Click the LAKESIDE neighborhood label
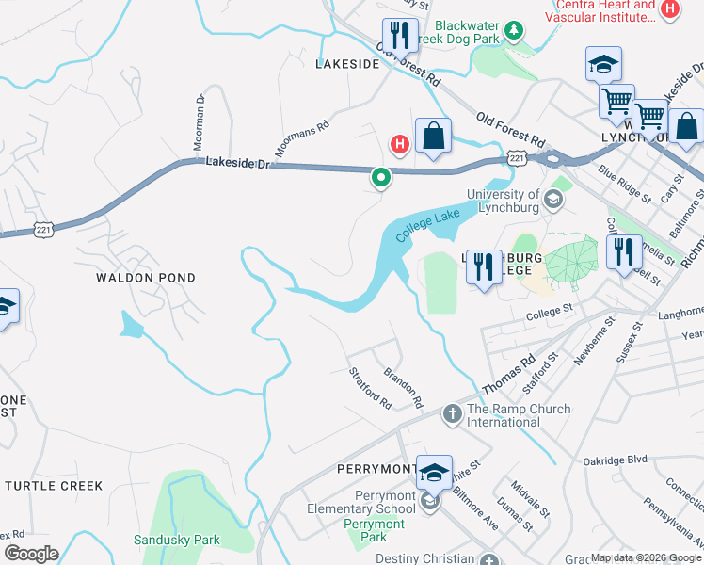tap(347, 64)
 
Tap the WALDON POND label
tap(146, 278)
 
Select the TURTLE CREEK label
tap(54, 485)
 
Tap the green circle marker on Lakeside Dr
tap(381, 176)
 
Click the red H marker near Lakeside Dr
tap(399, 143)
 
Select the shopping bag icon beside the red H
tap(433, 137)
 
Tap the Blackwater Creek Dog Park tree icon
tap(514, 31)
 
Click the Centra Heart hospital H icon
tap(669, 9)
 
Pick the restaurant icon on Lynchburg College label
tap(484, 267)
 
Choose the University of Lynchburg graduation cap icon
tap(554, 199)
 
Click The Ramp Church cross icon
tap(452, 412)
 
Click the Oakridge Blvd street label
tap(616, 459)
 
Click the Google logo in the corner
tap(31, 553)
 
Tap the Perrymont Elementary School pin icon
tap(430, 501)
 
